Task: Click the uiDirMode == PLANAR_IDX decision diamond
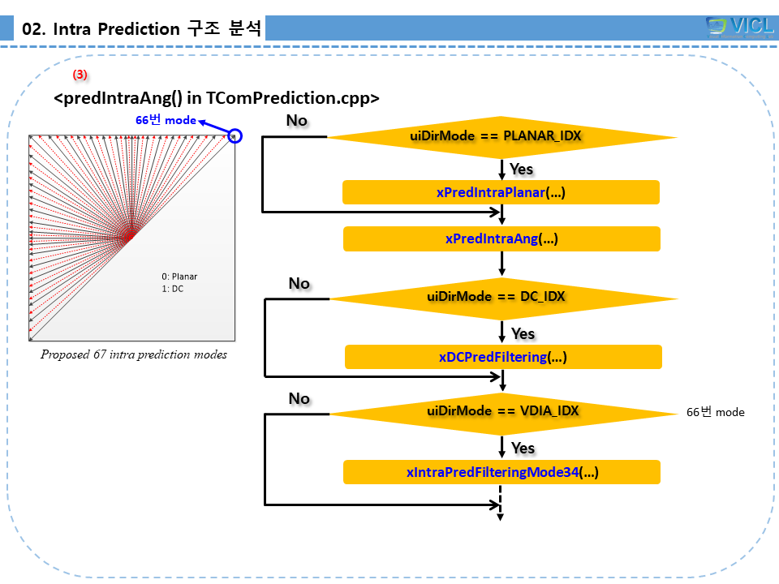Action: pyautogui.click(x=502, y=135)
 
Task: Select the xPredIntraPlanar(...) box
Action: pyautogui.click(x=501, y=192)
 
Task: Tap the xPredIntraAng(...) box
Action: pyautogui.click(x=501, y=238)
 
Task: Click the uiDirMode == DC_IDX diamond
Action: pyautogui.click(x=503, y=296)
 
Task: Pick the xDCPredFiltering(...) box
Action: pyautogui.click(x=503, y=357)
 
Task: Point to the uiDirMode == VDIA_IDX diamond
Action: pyautogui.click(x=503, y=410)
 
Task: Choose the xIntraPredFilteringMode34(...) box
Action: pyautogui.click(x=501, y=472)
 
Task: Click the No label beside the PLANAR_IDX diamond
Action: pyautogui.click(x=297, y=120)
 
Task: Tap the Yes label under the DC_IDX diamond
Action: pyautogui.click(x=523, y=333)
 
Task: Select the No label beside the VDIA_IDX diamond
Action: pyautogui.click(x=299, y=398)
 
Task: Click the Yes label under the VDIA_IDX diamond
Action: pyautogui.click(x=523, y=448)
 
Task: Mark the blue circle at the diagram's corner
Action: pyautogui.click(x=235, y=136)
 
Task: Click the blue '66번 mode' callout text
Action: pyautogui.click(x=166, y=120)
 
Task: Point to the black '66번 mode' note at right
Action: pyautogui.click(x=715, y=412)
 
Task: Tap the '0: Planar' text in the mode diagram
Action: pyautogui.click(x=179, y=277)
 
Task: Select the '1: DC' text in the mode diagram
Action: pyautogui.click(x=172, y=289)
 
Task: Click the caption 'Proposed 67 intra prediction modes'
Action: pyautogui.click(x=134, y=354)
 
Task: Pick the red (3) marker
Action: pyautogui.click(x=80, y=74)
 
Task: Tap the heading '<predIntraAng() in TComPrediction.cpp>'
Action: pyautogui.click(x=217, y=98)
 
